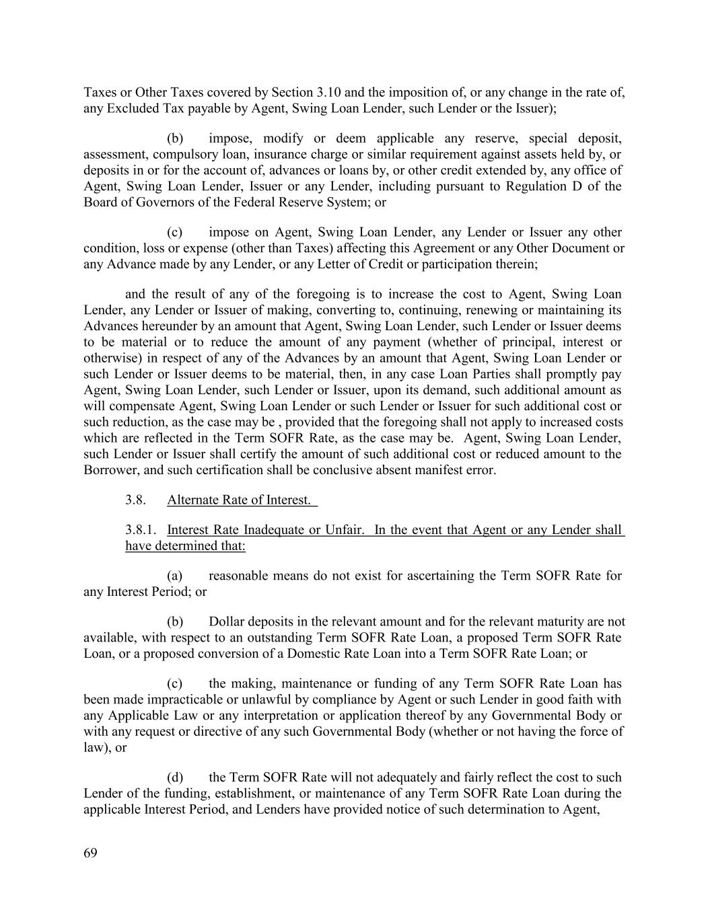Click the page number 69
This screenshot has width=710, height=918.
(90, 853)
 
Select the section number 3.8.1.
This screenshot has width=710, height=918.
(141, 530)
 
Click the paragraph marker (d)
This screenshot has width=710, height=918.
(175, 777)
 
